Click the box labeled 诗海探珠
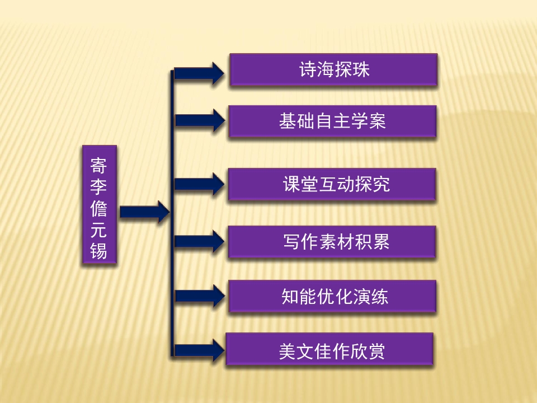(x=333, y=69)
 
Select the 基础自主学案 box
(x=332, y=121)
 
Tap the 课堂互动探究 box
(x=332, y=184)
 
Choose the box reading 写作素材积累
(x=332, y=242)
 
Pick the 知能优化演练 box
(x=332, y=296)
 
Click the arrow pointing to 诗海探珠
(x=199, y=73)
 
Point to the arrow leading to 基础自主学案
(x=200, y=120)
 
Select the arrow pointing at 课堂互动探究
(x=199, y=184)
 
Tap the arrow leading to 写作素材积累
(x=199, y=241)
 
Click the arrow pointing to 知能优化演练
(x=200, y=296)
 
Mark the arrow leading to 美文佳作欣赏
(x=199, y=350)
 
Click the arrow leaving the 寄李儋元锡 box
(x=144, y=212)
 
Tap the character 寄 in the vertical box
(x=98, y=166)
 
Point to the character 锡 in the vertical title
(x=98, y=251)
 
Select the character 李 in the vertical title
(x=98, y=187)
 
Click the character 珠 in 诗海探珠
(x=361, y=69)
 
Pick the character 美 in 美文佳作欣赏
(x=287, y=352)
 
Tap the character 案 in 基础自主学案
(x=377, y=121)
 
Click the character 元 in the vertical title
(x=98, y=229)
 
